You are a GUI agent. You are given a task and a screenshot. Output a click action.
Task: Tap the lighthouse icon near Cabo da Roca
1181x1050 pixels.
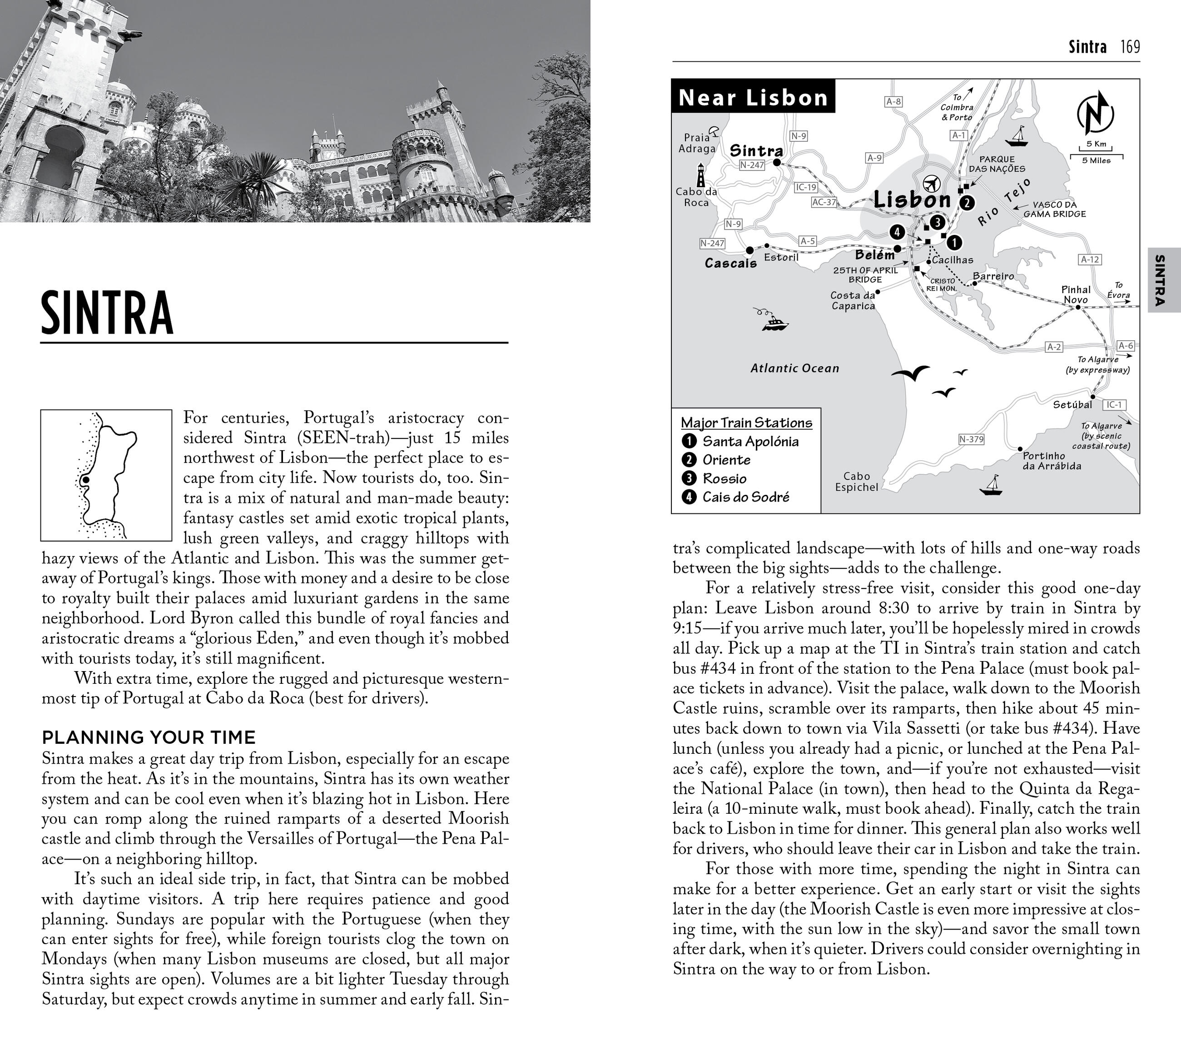[701, 174]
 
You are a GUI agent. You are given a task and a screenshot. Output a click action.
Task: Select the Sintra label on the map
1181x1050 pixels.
[756, 150]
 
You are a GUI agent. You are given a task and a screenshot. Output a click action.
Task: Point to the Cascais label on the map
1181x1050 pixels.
[730, 264]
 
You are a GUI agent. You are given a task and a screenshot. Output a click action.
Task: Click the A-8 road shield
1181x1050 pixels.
[893, 102]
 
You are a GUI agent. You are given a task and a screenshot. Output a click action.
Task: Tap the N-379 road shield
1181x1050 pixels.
[971, 439]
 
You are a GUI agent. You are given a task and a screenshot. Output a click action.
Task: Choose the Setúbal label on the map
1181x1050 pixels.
[1072, 404]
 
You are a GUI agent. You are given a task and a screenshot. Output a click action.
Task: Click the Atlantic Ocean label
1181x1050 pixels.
[794, 368]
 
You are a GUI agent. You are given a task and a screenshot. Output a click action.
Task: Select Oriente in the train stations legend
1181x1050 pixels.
[726, 460]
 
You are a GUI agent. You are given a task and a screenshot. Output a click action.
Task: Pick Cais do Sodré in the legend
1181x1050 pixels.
[745, 497]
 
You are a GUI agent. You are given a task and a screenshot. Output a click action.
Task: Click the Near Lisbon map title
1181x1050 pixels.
[753, 97]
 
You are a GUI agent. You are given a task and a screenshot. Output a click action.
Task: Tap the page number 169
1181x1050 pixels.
[1130, 47]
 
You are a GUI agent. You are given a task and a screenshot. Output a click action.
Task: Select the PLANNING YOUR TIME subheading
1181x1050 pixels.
[149, 737]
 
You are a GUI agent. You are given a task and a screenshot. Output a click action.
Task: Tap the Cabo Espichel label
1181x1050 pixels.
[856, 481]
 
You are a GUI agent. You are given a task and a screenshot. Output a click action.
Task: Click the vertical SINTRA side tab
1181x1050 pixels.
[1159, 280]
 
